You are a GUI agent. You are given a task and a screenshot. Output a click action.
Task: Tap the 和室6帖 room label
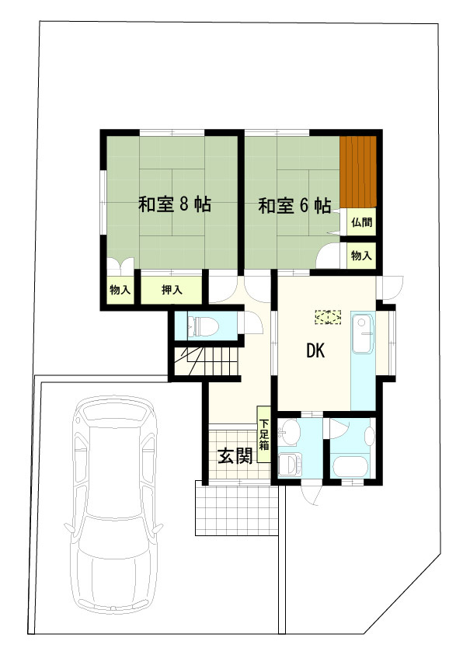coord(294,206)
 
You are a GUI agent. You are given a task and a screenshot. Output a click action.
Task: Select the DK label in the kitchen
coord(315,351)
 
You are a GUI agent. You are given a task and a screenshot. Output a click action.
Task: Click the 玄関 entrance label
coord(235,456)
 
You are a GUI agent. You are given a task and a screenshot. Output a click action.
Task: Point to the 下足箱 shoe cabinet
coord(264,434)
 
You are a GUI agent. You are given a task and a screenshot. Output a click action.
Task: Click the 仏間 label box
coord(360,222)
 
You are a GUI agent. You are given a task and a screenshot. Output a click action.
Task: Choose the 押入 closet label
coord(172,291)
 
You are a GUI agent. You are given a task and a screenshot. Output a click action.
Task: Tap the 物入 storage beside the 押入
coord(120,291)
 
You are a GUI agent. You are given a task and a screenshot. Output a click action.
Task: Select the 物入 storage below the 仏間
coord(360,255)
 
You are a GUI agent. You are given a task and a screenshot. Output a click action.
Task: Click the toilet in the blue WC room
coord(203,325)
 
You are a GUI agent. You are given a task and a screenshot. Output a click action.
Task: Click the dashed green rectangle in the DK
coord(328,317)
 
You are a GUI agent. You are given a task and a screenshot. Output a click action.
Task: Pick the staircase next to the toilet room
coord(204,362)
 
